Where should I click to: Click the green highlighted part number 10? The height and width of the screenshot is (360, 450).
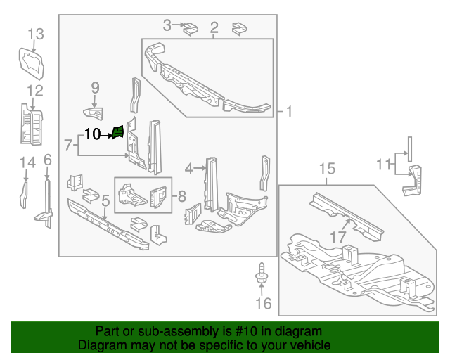pyautogui.click(x=118, y=131)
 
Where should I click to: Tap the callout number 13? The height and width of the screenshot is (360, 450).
pyautogui.click(x=35, y=34)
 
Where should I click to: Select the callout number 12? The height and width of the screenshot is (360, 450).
pyautogui.click(x=35, y=90)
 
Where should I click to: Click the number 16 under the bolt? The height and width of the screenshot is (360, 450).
pyautogui.click(x=262, y=304)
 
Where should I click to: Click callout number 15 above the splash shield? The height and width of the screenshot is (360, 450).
pyautogui.click(x=328, y=169)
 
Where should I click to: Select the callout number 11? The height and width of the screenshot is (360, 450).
pyautogui.click(x=382, y=165)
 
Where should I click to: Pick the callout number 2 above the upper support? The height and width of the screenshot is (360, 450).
pyautogui.click(x=214, y=28)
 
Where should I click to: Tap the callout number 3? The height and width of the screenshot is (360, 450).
pyautogui.click(x=167, y=26)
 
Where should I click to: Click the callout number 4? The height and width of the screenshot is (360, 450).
pyautogui.click(x=189, y=168)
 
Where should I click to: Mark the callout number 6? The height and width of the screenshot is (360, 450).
pyautogui.click(x=47, y=160)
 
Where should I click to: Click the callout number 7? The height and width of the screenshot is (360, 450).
pyautogui.click(x=68, y=146)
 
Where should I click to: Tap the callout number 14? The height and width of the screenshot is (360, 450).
pyautogui.click(x=27, y=163)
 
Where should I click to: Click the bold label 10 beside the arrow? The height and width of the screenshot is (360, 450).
pyautogui.click(x=93, y=134)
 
